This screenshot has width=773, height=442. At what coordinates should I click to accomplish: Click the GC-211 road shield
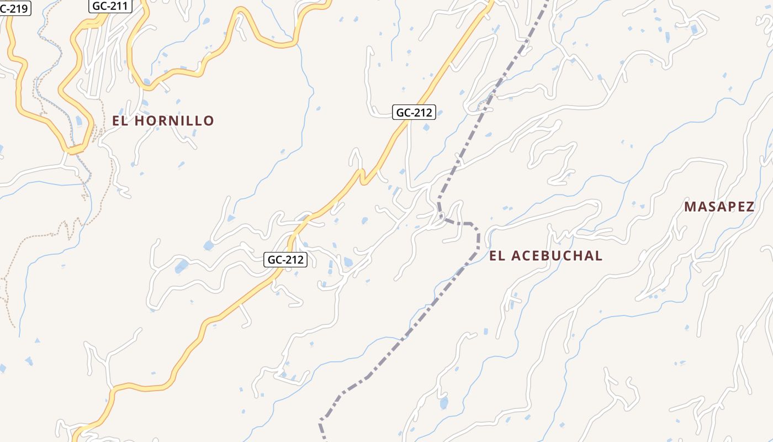[110, 6]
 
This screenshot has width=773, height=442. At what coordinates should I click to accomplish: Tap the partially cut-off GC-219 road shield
[14, 8]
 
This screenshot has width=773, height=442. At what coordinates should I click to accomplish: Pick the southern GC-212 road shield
[285, 260]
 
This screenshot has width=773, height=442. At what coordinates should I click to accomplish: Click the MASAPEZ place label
[719, 207]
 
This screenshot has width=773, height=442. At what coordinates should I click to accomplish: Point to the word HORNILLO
[174, 121]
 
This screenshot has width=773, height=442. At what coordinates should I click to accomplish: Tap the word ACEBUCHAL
[557, 256]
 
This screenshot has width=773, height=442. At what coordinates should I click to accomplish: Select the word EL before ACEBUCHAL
[497, 256]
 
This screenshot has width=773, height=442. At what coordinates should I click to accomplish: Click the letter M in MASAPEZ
[690, 207]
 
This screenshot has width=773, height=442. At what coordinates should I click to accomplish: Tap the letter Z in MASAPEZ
[749, 207]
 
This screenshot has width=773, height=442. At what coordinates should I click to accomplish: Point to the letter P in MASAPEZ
[729, 207]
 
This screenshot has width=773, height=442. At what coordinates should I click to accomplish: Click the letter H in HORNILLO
[140, 121]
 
